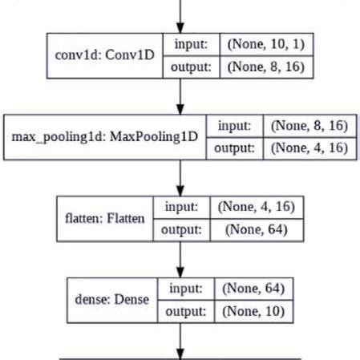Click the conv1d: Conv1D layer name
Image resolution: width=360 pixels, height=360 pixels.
click(105, 56)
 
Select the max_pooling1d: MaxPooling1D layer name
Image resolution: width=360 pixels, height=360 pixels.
click(105, 137)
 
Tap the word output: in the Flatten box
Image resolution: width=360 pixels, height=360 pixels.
click(180, 229)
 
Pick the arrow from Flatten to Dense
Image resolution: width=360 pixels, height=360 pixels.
click(180, 257)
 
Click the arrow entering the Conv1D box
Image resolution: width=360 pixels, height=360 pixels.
click(180, 16)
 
